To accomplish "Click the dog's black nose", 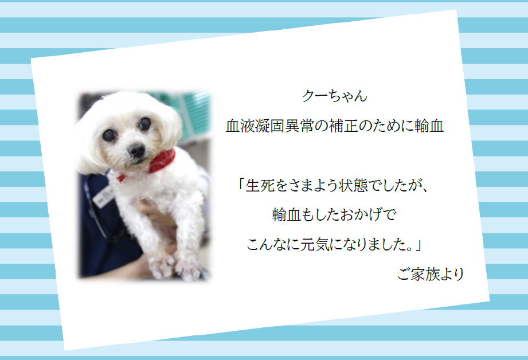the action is pyautogui.click(x=136, y=150).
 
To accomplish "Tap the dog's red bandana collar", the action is pyautogui.click(x=162, y=161).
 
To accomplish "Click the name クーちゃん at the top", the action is pyautogui.click(x=334, y=96).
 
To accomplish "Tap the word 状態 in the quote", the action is pyautogui.click(x=353, y=186).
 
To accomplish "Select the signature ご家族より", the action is pyautogui.click(x=431, y=274).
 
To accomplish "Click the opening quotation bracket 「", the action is pyautogui.click(x=240, y=185).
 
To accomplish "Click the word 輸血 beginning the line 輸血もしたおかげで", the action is pyautogui.click(x=287, y=215).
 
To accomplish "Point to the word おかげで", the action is pyautogui.click(x=369, y=215).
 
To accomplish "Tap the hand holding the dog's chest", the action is pyautogui.click(x=155, y=216).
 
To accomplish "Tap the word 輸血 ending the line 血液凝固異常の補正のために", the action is pyautogui.click(x=429, y=126).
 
